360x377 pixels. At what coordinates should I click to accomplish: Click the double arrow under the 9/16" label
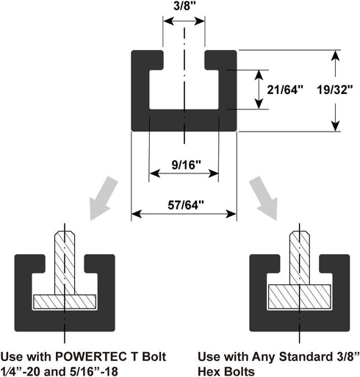184,173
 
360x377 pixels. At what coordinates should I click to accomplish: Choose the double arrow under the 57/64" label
184,215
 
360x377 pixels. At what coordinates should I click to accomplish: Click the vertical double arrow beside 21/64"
258,90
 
